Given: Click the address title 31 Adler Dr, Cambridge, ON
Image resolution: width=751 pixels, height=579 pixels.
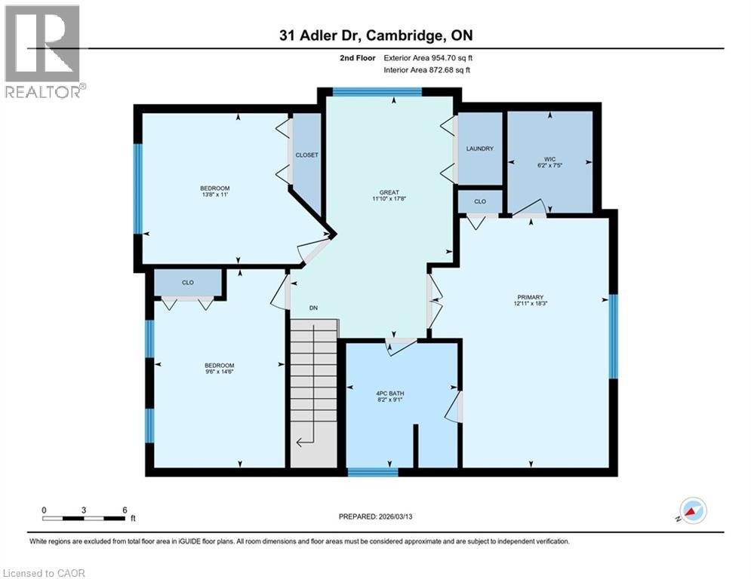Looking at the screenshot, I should click(x=375, y=35).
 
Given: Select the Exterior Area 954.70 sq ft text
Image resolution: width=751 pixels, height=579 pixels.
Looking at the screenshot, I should click(x=428, y=57).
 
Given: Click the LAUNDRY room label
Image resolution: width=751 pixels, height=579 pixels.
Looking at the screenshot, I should click(x=479, y=149).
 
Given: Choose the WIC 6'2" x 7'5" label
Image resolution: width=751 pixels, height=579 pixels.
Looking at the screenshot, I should click(x=549, y=163).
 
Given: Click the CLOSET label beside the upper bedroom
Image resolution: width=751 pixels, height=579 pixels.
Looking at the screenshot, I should click(x=306, y=155).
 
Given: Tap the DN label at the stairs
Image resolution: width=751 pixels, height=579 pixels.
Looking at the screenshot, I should click(x=312, y=307).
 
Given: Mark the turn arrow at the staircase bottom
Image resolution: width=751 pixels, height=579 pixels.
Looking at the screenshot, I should click(x=304, y=442).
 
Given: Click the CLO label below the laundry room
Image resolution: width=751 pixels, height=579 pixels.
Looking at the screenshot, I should click(x=479, y=201).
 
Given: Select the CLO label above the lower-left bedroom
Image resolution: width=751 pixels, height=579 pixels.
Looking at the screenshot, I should click(x=188, y=282).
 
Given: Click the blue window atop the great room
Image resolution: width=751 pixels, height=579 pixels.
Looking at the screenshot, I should click(x=377, y=92).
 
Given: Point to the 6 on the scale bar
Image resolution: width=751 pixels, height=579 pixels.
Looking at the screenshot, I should click(x=124, y=510).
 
